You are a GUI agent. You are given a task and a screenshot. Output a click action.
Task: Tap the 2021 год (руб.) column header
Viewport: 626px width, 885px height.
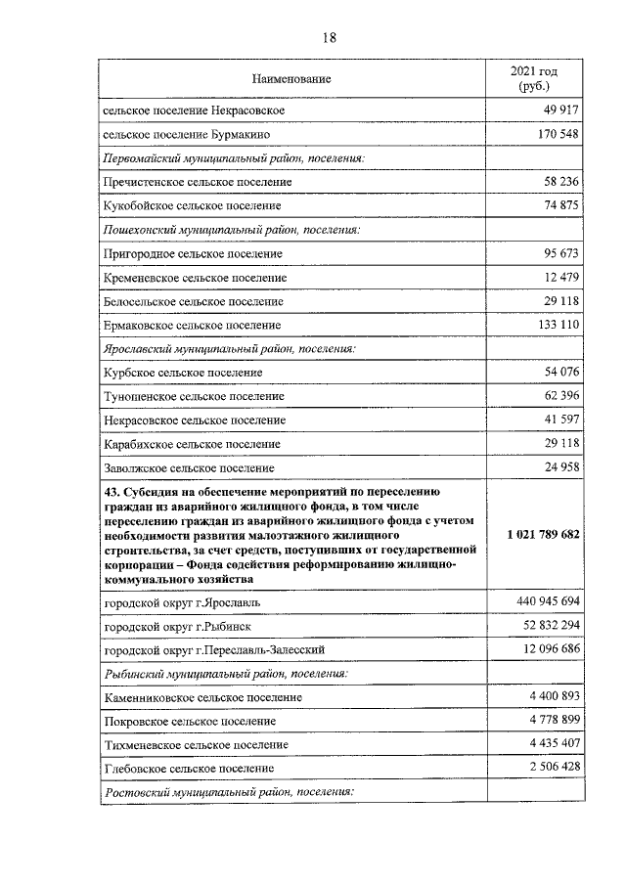coord(534,78)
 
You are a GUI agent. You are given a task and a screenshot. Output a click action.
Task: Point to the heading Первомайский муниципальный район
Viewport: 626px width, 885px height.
coord(234,157)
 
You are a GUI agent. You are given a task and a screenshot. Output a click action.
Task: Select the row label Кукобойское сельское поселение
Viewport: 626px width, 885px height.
coord(192,206)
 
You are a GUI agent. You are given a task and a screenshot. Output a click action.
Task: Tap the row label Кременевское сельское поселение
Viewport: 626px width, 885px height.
coord(195,279)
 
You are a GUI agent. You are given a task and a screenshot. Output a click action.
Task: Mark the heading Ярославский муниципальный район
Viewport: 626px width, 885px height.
coord(229,348)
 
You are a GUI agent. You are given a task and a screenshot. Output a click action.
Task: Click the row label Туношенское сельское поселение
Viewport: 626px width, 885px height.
coord(194,396)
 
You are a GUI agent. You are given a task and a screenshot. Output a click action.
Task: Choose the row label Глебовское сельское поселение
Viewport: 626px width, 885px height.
coord(189,769)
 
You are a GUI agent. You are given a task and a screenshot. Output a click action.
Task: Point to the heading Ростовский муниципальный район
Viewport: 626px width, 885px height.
coord(227,793)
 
